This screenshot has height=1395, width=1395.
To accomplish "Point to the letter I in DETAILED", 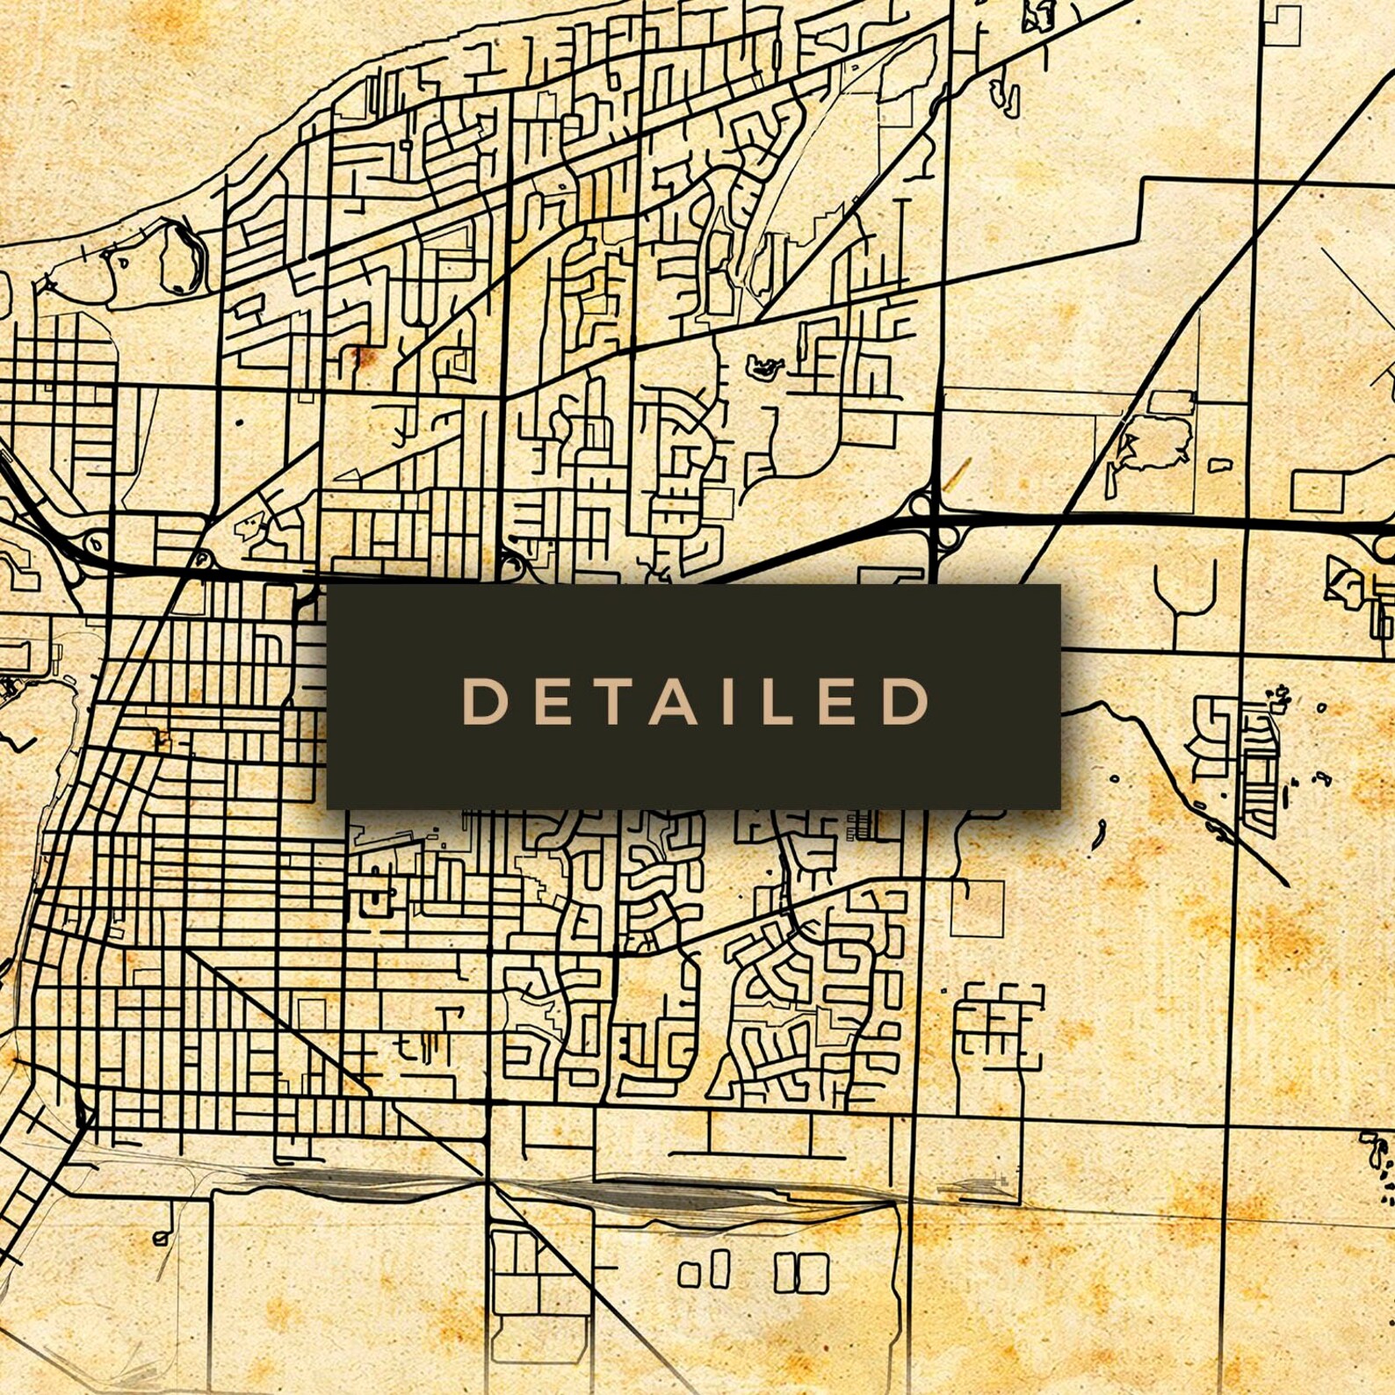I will coord(726,701).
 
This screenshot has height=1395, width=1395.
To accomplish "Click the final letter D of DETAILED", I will coord(906,701).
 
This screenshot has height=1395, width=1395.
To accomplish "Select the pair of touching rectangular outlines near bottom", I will coord(800,1272).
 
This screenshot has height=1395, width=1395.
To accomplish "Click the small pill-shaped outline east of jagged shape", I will coord(1219,465).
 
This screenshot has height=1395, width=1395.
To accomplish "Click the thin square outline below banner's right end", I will coord(977,907).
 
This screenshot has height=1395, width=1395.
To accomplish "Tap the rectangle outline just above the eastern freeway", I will coord(1318,491).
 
